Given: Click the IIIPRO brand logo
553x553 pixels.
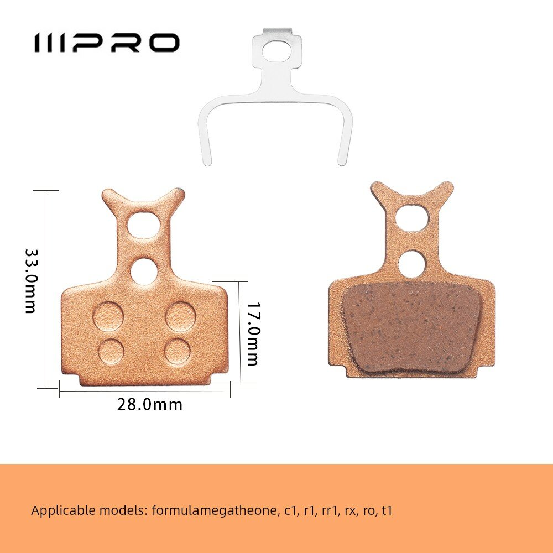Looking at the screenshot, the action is [x=107, y=43].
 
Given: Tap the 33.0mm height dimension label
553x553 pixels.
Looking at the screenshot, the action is [x=31, y=281].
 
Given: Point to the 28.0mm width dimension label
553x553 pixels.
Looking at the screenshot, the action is [x=150, y=405].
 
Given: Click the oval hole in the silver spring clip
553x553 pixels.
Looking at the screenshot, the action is [x=276, y=51].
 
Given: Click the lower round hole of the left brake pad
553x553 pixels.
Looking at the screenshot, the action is [x=144, y=272].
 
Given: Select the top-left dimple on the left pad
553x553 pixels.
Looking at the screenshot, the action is [x=108, y=316].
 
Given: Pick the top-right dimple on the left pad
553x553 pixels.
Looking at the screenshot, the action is [x=180, y=316].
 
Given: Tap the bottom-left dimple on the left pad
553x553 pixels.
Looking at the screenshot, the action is [x=111, y=352].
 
